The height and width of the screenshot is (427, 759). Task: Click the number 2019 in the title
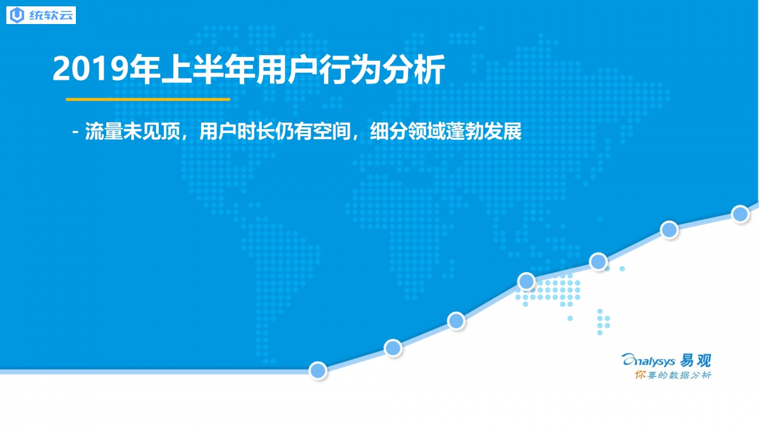pos(91,70)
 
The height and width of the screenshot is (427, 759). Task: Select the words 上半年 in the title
pos(207,70)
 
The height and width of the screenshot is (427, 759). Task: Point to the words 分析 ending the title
pos(414,70)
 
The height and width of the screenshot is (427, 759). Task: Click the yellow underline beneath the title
pos(148,99)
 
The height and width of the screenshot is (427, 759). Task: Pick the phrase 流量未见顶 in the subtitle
pos(132,131)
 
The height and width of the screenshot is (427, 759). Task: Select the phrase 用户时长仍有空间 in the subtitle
pos(275,131)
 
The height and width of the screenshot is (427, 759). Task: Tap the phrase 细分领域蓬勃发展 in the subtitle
pos(446,131)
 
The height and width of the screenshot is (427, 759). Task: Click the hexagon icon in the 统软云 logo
pos(17,15)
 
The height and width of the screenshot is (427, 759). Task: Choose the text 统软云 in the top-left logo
pos(51,15)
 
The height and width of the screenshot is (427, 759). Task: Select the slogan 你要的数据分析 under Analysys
pos(673,375)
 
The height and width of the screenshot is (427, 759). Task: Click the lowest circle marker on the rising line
pos(318,371)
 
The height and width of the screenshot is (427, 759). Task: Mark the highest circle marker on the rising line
pos(740,214)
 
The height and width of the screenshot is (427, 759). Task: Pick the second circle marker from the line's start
pos(393,348)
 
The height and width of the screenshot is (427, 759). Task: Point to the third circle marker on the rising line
pos(456,321)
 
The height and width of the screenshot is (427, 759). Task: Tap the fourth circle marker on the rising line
pos(526,281)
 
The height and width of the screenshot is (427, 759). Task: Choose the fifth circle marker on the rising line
pos(598,261)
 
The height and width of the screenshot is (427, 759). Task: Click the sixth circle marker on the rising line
pos(669,230)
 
